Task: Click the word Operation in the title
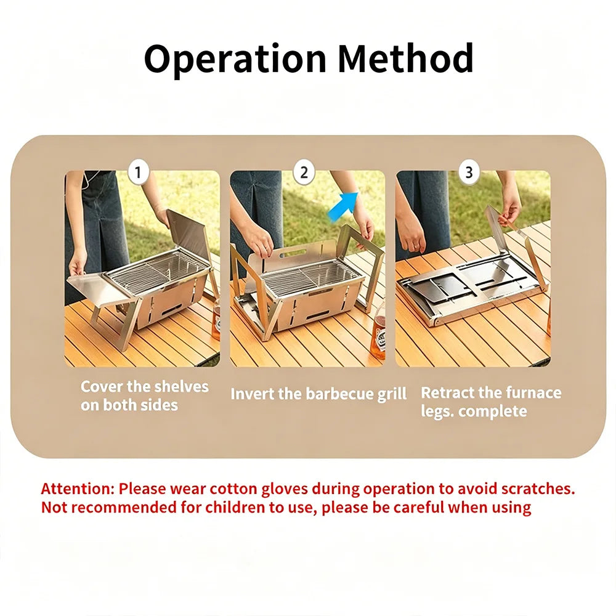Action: point(235,59)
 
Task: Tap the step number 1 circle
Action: point(138,172)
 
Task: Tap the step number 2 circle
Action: point(304,172)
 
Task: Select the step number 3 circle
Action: point(469,172)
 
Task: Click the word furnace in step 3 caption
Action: point(533,392)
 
